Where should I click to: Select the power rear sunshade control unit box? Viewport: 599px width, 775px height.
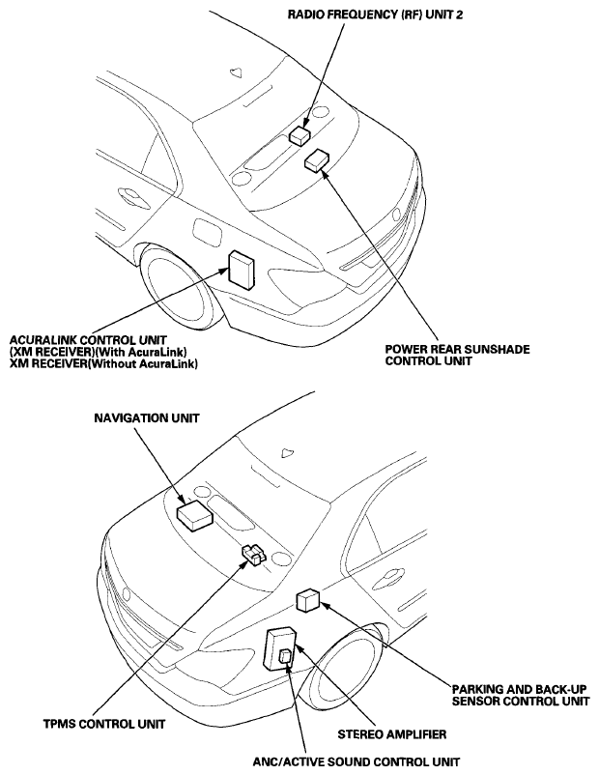[316, 161]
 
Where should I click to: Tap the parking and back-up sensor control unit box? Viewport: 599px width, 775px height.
[309, 599]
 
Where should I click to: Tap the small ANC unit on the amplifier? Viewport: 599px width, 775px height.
[285, 657]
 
